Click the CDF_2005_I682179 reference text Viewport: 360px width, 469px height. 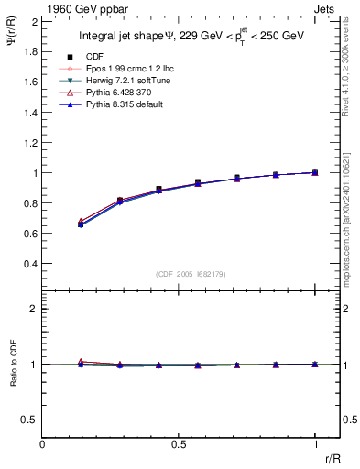pyautogui.click(x=180, y=274)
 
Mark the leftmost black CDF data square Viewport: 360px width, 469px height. pyautogui.click(x=82, y=224)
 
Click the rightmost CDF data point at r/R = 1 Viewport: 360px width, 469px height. pyautogui.click(x=316, y=172)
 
